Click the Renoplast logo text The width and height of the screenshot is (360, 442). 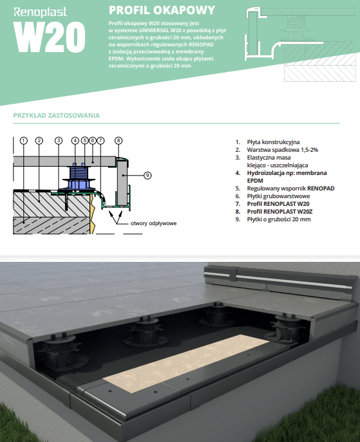(x=40, y=12)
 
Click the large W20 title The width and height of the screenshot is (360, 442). (x=50, y=37)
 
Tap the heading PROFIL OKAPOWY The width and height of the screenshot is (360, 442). (x=162, y=10)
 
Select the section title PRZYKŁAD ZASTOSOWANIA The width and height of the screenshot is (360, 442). (x=57, y=115)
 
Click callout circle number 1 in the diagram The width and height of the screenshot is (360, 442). (x=24, y=140)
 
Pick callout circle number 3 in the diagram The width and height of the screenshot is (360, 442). (x=59, y=140)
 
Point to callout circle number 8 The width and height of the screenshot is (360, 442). (x=118, y=140)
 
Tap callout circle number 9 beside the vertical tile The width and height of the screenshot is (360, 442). (x=147, y=176)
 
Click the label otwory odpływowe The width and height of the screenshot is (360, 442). (x=153, y=223)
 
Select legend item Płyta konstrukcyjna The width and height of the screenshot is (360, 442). (x=273, y=142)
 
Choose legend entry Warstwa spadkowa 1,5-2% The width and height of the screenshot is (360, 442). (x=283, y=150)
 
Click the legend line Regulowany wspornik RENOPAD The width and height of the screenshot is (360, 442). (x=290, y=189)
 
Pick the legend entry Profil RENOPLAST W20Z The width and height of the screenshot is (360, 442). (x=279, y=212)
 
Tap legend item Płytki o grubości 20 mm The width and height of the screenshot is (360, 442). (x=279, y=219)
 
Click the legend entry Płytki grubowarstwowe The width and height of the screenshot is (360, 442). (x=278, y=196)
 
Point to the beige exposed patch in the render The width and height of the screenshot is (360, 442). (x=186, y=364)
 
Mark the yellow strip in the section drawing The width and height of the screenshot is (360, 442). (x=93, y=214)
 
